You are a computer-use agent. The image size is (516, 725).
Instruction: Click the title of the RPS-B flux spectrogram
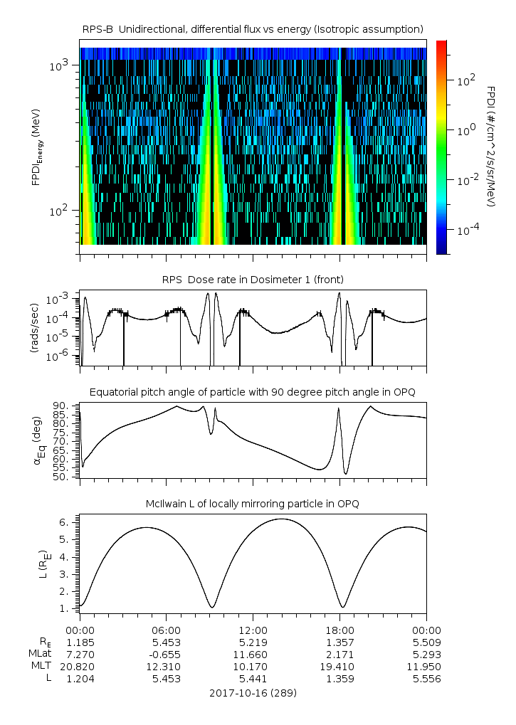[x=253, y=28]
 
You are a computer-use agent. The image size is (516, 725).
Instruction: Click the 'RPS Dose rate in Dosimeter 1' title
[x=253, y=279]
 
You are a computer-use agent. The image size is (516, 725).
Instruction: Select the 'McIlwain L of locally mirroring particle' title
[x=253, y=504]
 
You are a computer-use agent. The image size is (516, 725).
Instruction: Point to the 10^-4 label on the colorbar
[x=466, y=231]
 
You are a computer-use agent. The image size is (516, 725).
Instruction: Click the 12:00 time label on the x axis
[x=253, y=630]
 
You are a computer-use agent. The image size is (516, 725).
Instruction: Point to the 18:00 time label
[x=339, y=630]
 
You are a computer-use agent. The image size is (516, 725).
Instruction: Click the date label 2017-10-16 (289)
[x=253, y=692]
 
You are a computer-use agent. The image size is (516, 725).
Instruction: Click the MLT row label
[x=39, y=667]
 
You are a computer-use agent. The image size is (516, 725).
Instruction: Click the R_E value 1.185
[x=80, y=642]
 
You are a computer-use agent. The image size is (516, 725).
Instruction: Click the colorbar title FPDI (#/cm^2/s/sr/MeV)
[x=491, y=146]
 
